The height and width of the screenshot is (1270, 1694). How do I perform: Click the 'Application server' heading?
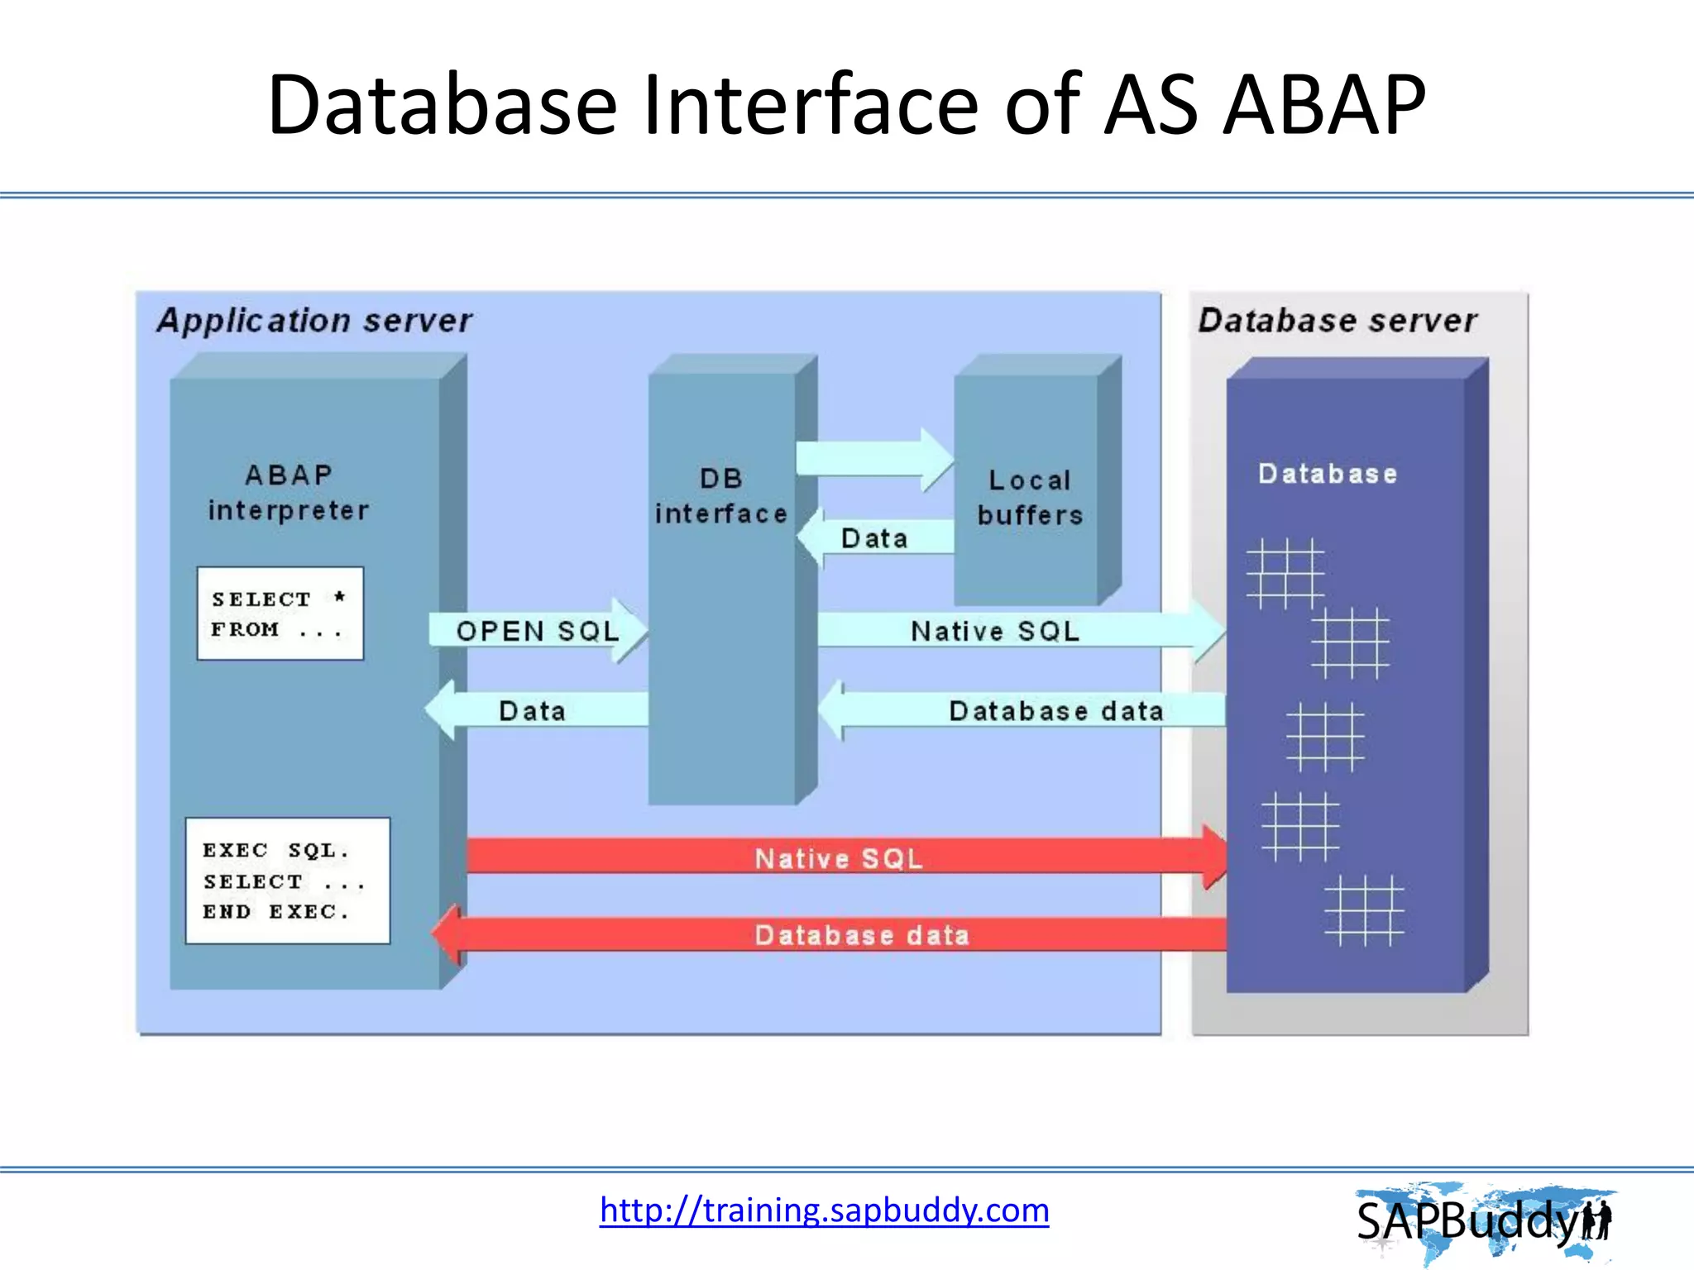314,321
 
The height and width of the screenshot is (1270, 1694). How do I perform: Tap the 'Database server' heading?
1337,321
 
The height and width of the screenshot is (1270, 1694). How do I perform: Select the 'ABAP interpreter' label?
288,493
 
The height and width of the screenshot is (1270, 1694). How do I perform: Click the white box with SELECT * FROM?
280,614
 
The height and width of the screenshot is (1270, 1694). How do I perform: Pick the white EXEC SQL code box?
287,881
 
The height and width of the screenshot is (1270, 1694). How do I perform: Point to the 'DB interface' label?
720,496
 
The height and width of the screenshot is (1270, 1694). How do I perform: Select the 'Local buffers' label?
1029,497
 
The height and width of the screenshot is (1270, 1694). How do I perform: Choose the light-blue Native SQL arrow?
1009,631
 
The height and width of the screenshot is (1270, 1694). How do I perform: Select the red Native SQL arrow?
839,857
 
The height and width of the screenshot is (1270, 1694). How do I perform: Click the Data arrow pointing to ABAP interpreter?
534,710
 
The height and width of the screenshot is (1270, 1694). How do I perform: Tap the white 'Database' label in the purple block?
1327,474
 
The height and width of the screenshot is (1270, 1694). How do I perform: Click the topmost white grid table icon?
1285,573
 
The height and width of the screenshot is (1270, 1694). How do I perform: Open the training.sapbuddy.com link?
824,1210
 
